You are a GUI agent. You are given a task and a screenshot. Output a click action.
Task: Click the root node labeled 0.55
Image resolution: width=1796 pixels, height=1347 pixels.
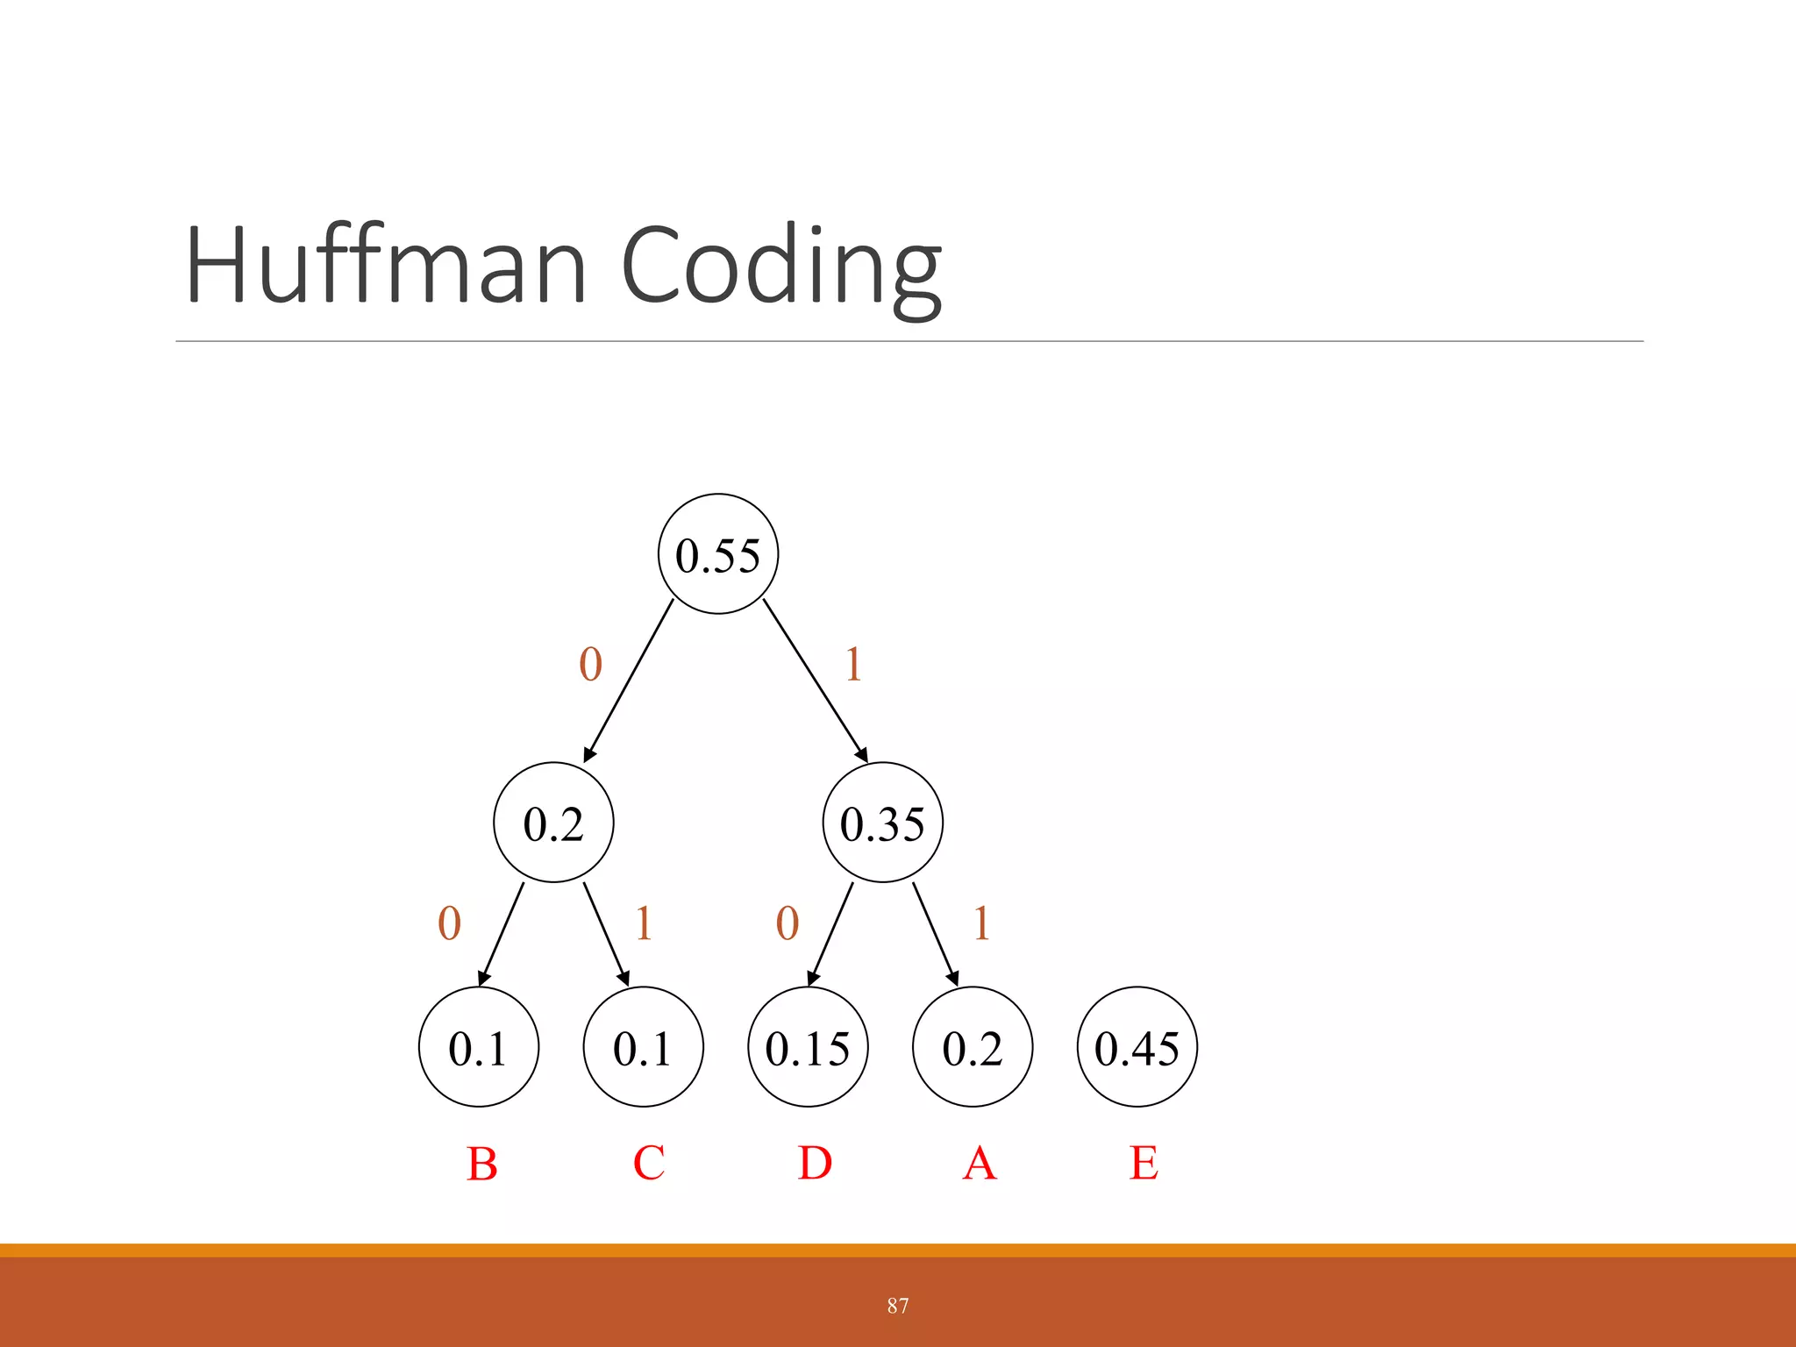coord(717,554)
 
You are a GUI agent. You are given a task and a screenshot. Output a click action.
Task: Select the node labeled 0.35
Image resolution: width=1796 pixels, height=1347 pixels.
coord(882,823)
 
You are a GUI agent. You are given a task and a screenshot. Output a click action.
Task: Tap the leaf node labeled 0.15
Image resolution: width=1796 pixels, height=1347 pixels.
coord(808,1047)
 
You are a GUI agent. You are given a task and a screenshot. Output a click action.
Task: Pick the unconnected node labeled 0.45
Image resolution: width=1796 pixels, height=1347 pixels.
coord(1137,1047)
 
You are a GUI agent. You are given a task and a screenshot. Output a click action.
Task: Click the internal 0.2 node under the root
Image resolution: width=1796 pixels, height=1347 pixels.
coord(553,823)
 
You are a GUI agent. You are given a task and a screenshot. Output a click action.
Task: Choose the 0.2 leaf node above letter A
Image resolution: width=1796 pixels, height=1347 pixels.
coord(973,1047)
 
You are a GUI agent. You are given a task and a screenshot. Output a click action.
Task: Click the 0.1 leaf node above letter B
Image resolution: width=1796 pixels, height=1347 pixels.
coord(479,1047)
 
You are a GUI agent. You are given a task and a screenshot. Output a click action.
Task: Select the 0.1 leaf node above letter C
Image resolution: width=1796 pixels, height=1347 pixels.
coord(643,1047)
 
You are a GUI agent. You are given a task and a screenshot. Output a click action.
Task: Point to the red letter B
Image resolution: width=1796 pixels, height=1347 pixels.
coord(481,1164)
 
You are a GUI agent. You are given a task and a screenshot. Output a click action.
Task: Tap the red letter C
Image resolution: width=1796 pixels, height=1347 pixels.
coord(649,1163)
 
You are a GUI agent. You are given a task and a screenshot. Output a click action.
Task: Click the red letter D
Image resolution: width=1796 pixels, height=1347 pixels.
coord(815,1163)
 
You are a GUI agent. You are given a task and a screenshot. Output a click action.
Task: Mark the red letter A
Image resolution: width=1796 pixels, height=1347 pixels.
coord(980,1164)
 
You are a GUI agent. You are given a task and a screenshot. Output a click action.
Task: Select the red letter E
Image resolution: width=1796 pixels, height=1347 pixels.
coord(1144,1163)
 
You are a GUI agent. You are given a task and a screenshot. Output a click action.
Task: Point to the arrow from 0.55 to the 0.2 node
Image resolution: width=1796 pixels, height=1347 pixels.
coord(629,680)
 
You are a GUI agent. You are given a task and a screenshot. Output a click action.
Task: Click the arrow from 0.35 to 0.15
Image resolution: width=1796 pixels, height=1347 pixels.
coord(830,935)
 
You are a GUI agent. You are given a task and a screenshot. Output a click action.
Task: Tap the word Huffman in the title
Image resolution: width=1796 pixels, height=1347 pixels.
coord(386,265)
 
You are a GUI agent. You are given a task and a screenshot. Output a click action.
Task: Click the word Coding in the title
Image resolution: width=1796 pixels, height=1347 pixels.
coord(780,267)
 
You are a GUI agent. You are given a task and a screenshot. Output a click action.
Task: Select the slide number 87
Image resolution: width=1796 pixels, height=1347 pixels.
coord(897,1306)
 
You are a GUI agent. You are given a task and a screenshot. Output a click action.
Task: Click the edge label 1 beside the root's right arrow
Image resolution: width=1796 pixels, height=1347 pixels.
coord(853,664)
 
